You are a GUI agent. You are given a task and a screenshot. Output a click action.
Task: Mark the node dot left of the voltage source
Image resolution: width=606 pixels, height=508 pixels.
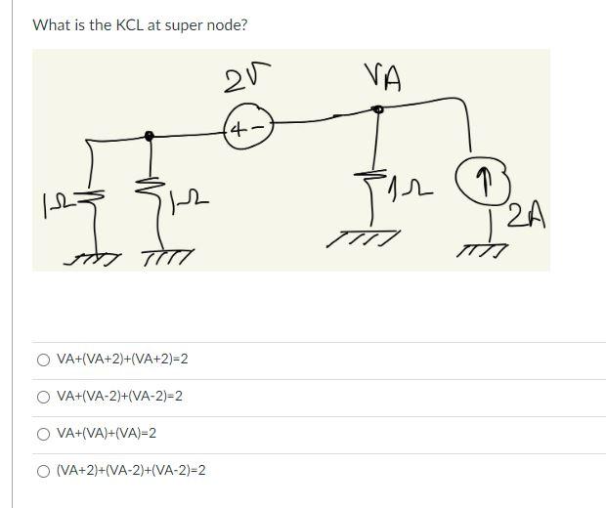click(x=149, y=136)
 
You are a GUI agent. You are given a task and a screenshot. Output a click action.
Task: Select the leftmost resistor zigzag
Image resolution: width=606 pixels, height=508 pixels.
click(x=92, y=202)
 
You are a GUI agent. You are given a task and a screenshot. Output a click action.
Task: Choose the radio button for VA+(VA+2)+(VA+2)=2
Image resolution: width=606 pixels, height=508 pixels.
click(x=44, y=360)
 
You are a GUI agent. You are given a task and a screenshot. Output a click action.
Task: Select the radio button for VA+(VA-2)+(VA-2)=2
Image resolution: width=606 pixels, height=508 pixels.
click(x=44, y=397)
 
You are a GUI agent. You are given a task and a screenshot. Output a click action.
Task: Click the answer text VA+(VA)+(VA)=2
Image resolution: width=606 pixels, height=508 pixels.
click(x=107, y=433)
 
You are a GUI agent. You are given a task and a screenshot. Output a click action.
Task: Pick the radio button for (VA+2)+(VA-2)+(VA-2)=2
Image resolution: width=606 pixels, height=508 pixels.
click(x=44, y=471)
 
